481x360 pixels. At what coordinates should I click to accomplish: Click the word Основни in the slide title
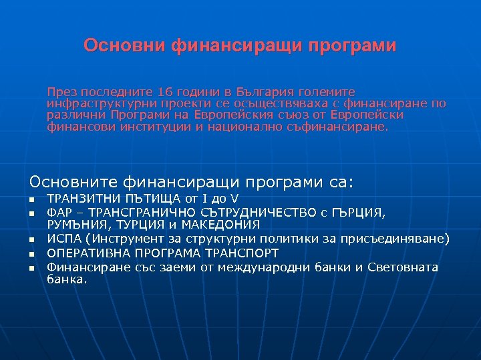tap(124, 46)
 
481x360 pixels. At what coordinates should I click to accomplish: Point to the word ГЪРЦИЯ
tap(357, 212)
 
